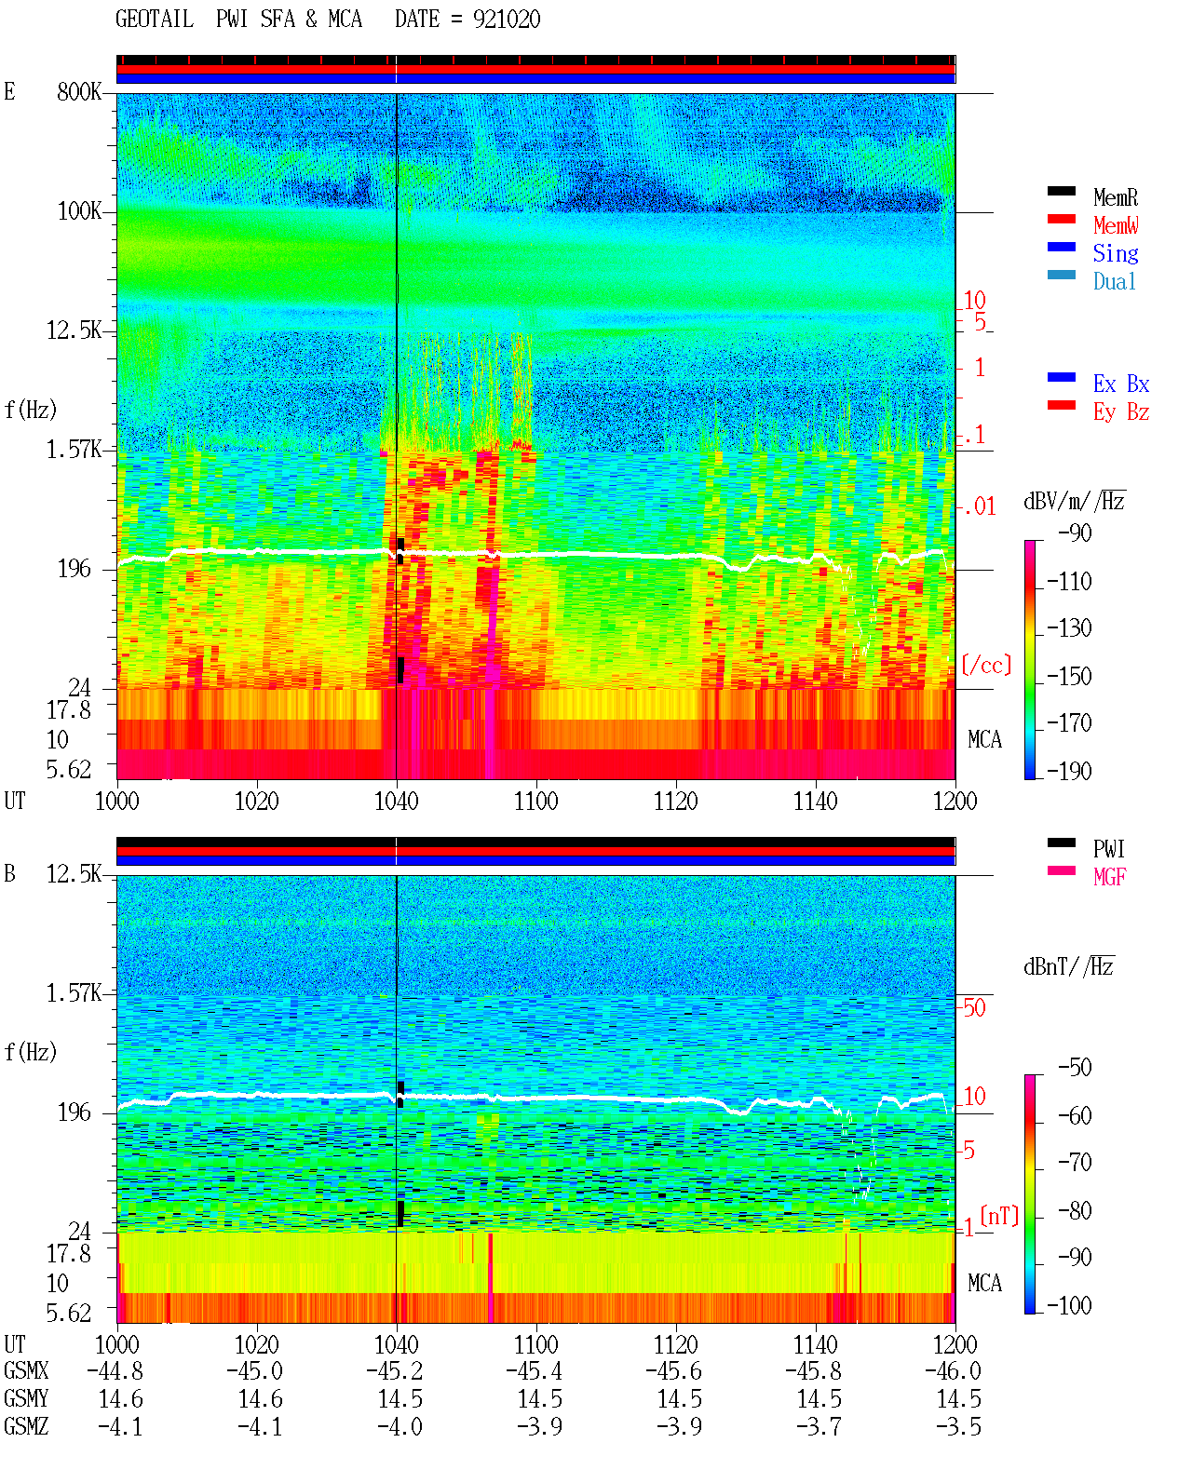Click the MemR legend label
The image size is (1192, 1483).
[x=1115, y=197]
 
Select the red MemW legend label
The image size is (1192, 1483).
[x=1116, y=225]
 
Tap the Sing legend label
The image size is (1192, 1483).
[x=1115, y=253]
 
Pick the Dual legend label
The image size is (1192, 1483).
[x=1114, y=281]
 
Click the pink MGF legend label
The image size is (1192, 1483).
[x=1109, y=877]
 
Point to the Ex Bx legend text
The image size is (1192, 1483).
[x=1120, y=384]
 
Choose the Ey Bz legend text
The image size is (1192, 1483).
[x=1120, y=412]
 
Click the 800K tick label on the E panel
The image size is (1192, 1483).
[x=79, y=91]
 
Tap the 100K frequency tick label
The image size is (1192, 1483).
[x=79, y=211]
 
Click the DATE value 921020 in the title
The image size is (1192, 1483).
[x=507, y=20]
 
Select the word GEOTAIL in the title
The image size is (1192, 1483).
[x=155, y=19]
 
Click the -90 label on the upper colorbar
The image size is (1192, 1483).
[x=1075, y=533]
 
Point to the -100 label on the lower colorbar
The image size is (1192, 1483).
[x=1069, y=1305]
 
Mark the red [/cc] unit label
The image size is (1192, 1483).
[x=986, y=665]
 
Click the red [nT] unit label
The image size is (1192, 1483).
[x=999, y=1216]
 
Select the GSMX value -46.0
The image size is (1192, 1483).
[x=953, y=1371]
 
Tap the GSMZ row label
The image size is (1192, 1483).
[x=26, y=1426]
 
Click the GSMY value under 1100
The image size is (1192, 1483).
[x=540, y=1399]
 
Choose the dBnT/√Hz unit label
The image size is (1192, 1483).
[x=1069, y=967]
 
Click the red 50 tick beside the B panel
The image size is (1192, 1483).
[x=974, y=1008]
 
